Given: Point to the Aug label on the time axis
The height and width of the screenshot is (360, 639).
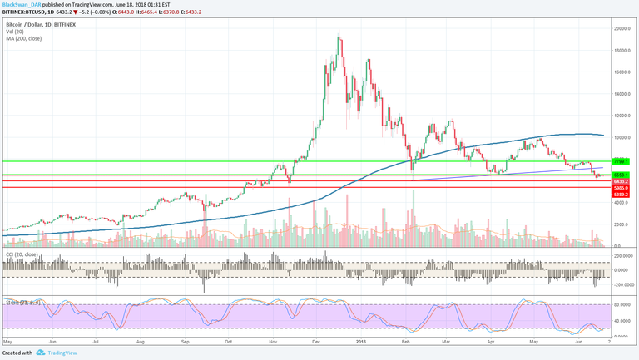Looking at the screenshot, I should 140,342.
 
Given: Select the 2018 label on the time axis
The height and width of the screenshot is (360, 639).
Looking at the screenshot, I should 359,342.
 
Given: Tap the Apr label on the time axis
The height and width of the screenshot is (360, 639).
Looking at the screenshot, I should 491,342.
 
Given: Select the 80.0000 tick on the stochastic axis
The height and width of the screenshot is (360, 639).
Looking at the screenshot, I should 624,305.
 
